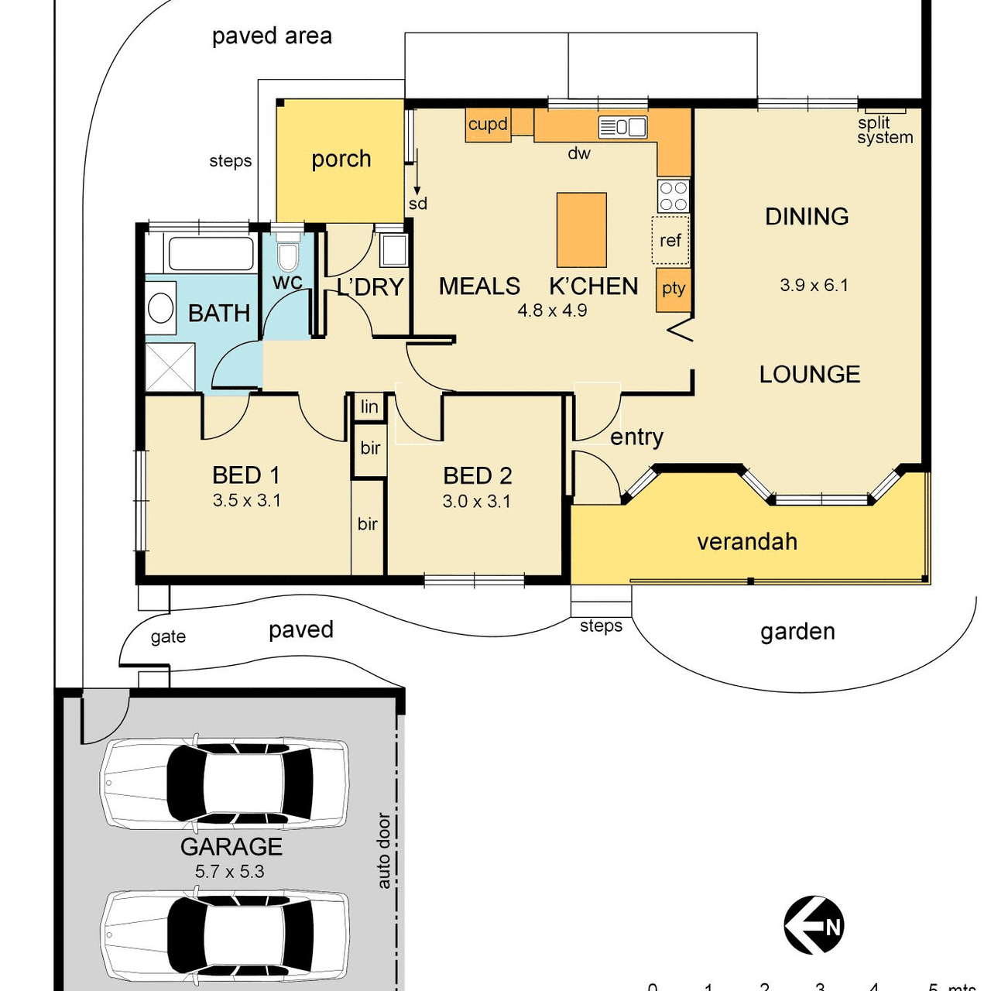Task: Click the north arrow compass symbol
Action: (814, 926)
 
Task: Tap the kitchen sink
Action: (622, 127)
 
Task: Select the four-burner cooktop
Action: (673, 195)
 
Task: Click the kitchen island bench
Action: (581, 230)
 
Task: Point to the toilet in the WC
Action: (287, 253)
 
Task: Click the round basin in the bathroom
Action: (160, 307)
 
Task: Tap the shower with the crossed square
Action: (170, 367)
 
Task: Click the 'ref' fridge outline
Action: (670, 240)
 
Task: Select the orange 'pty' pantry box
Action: (673, 290)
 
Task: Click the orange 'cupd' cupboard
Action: (488, 125)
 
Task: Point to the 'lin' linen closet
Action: (369, 406)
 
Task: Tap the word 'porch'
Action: (341, 159)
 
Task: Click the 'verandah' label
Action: (746, 542)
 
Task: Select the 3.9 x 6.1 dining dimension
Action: (814, 285)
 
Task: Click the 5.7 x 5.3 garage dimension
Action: (229, 871)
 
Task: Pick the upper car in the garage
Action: (225, 784)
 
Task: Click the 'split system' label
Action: (885, 130)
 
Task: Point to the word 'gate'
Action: (168, 637)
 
